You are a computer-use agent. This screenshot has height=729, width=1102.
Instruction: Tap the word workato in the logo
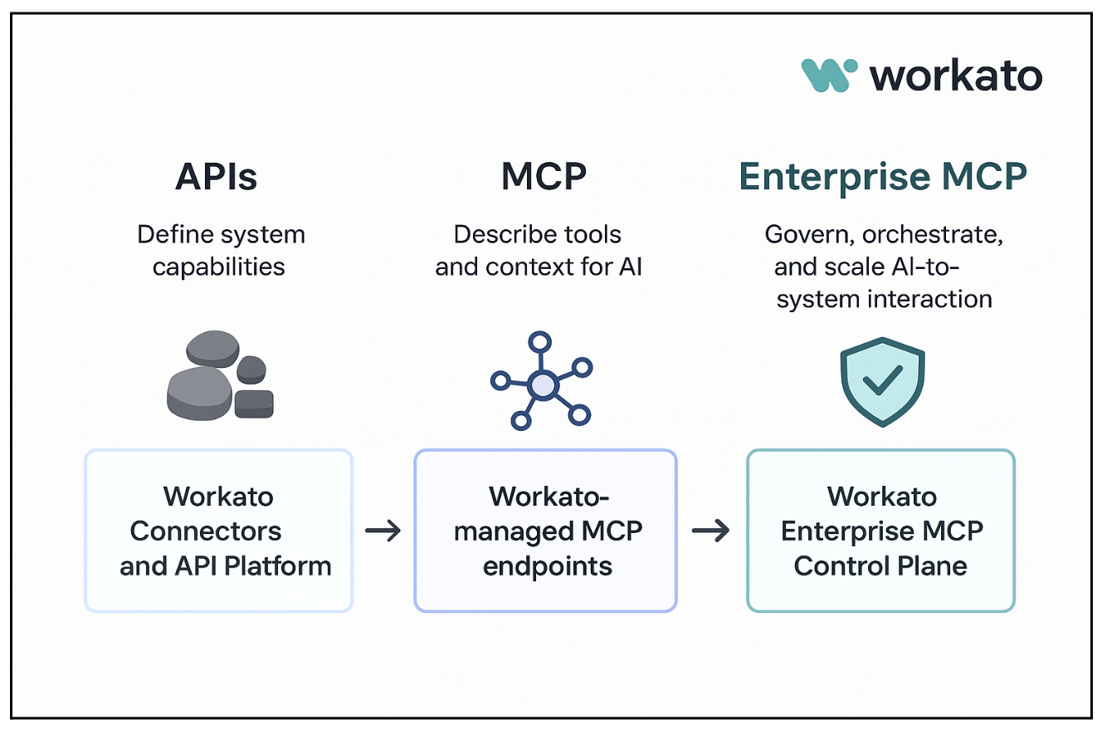(955, 76)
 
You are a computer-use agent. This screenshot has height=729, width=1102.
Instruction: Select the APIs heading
(217, 177)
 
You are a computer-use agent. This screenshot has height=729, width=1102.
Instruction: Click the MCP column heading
(544, 177)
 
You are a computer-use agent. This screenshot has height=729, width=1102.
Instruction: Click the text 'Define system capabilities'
(220, 250)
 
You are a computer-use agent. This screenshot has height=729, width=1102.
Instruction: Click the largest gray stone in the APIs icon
(199, 393)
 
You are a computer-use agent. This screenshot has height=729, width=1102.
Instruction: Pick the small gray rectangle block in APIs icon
(254, 404)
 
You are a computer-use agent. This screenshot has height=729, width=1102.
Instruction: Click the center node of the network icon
(543, 384)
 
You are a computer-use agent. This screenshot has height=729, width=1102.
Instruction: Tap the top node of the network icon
(540, 341)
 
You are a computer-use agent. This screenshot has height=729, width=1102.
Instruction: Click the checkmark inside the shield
(881, 381)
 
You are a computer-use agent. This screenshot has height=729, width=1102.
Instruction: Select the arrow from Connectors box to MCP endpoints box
(383, 531)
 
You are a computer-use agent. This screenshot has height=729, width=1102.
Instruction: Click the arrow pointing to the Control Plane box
(710, 531)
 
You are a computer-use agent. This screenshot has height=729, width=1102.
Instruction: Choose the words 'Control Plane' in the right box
(880, 566)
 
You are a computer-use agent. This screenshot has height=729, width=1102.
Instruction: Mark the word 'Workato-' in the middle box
(549, 497)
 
